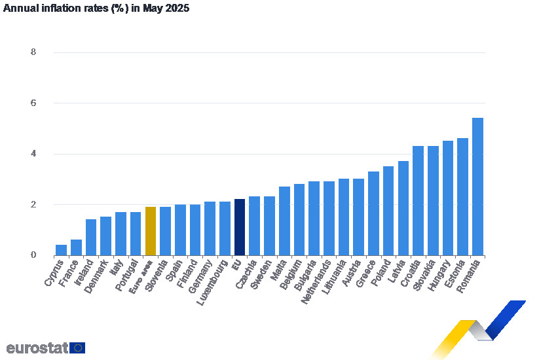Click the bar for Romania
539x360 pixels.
coord(477,187)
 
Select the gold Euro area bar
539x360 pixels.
coord(150,231)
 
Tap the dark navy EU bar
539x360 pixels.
coord(239,227)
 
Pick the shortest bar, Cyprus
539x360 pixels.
coord(61,250)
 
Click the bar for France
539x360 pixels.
coord(76,247)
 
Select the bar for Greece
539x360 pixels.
coord(373,213)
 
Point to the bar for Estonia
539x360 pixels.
coord(462,196)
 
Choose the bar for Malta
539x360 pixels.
coord(284,221)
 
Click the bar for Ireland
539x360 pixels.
coord(91,238)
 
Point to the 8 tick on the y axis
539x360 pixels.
coord(33,52)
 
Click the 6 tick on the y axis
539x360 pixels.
coord(33,103)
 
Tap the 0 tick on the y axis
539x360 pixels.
coord(33,255)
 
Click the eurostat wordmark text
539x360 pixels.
coord(37,348)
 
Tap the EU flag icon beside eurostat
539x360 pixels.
coord(77,348)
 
